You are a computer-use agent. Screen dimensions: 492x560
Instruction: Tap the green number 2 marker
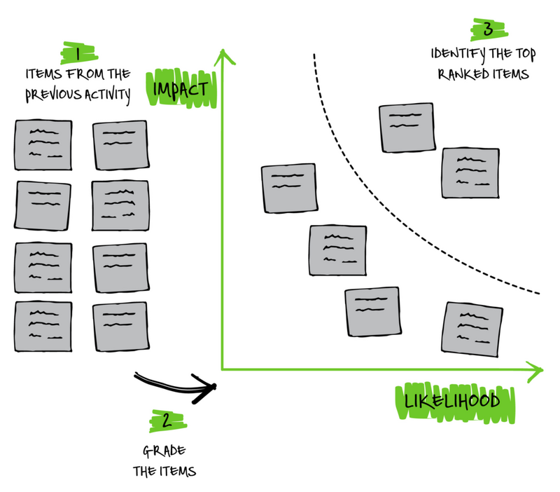coord(165,421)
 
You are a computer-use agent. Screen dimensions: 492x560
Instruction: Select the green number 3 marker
coord(488,29)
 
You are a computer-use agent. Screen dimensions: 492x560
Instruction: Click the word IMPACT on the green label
coord(180,90)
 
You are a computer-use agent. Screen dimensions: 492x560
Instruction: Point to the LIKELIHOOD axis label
coord(451,402)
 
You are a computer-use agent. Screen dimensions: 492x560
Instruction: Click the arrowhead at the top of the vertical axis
coord(222,56)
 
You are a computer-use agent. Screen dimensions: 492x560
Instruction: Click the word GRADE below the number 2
coord(165,450)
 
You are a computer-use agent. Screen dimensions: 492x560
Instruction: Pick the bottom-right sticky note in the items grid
coord(120,324)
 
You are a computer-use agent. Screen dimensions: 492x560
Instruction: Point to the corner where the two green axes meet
coord(222,367)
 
